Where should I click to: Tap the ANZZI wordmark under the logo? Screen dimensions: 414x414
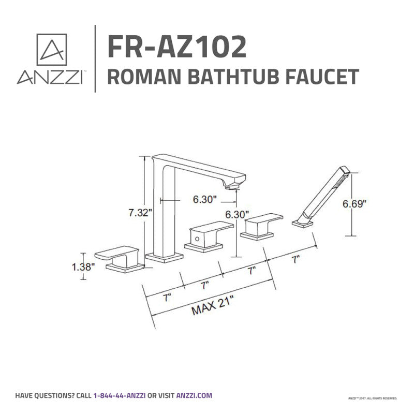[51, 78]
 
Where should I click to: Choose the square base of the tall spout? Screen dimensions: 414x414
[165, 257]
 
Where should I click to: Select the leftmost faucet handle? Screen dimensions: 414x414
[124, 257]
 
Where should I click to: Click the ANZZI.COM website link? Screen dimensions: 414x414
[194, 396]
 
